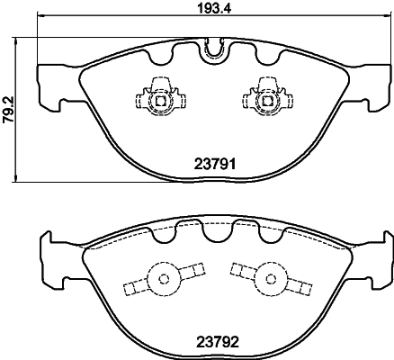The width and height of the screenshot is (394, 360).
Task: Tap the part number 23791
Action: point(213,164)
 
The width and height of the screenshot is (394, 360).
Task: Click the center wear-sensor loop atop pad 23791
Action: point(213,50)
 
